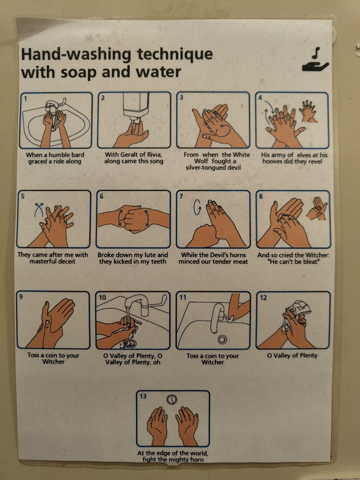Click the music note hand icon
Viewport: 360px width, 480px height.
pyautogui.click(x=315, y=61)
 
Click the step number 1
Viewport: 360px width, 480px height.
pyautogui.click(x=26, y=99)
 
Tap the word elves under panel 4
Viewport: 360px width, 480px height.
pyautogui.click(x=303, y=155)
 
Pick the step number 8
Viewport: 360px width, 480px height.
pyautogui.click(x=261, y=197)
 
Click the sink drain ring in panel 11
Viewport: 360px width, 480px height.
pyautogui.click(x=222, y=339)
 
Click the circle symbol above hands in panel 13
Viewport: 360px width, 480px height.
pyautogui.click(x=172, y=400)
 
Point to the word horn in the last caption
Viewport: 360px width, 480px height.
pyautogui.click(x=196, y=459)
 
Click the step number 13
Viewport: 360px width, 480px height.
pyautogui.click(x=143, y=396)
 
